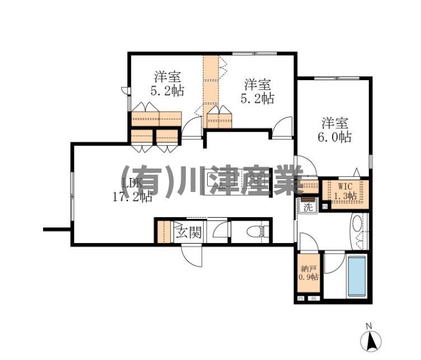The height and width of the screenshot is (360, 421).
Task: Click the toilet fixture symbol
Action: click(x=259, y=231)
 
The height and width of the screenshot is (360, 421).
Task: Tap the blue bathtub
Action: click(x=357, y=276)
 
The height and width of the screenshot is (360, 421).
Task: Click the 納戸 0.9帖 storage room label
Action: click(x=308, y=273)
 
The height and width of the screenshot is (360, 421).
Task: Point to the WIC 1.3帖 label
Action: click(x=344, y=191)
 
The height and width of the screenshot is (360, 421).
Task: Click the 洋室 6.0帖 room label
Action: click(x=336, y=130)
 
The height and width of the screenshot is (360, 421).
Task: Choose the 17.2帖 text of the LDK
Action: click(x=133, y=197)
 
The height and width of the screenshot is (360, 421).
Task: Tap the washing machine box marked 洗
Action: click(x=307, y=207)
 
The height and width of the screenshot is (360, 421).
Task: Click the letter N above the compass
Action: click(x=369, y=325)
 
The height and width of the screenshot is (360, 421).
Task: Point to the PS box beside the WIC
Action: click(x=325, y=207)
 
